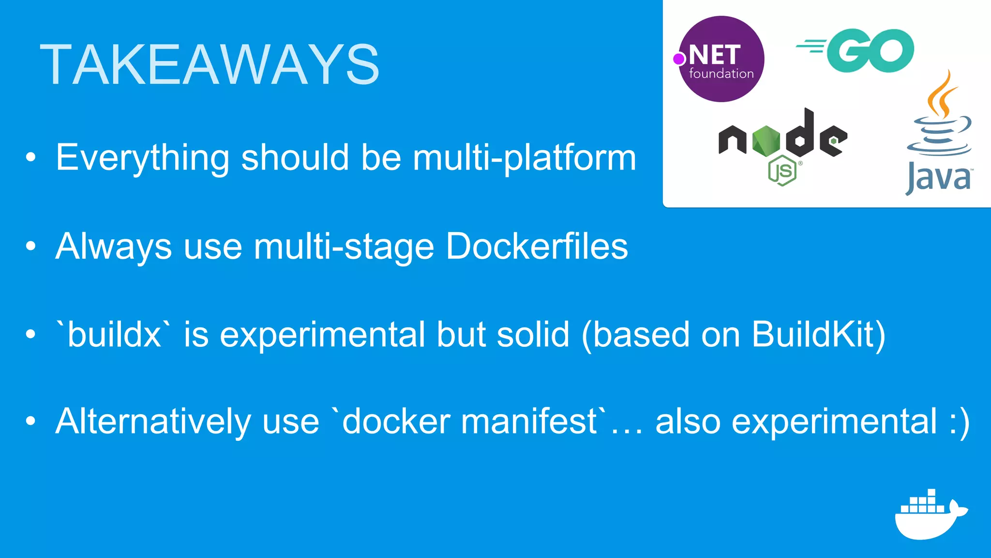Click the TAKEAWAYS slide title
pyautogui.click(x=209, y=65)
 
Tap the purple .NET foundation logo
pyautogui.click(x=721, y=59)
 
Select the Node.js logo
pyautogui.click(x=783, y=140)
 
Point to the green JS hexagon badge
pyautogui.click(x=782, y=170)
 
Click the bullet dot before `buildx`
pyautogui.click(x=31, y=334)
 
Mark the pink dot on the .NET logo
pyautogui.click(x=679, y=59)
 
